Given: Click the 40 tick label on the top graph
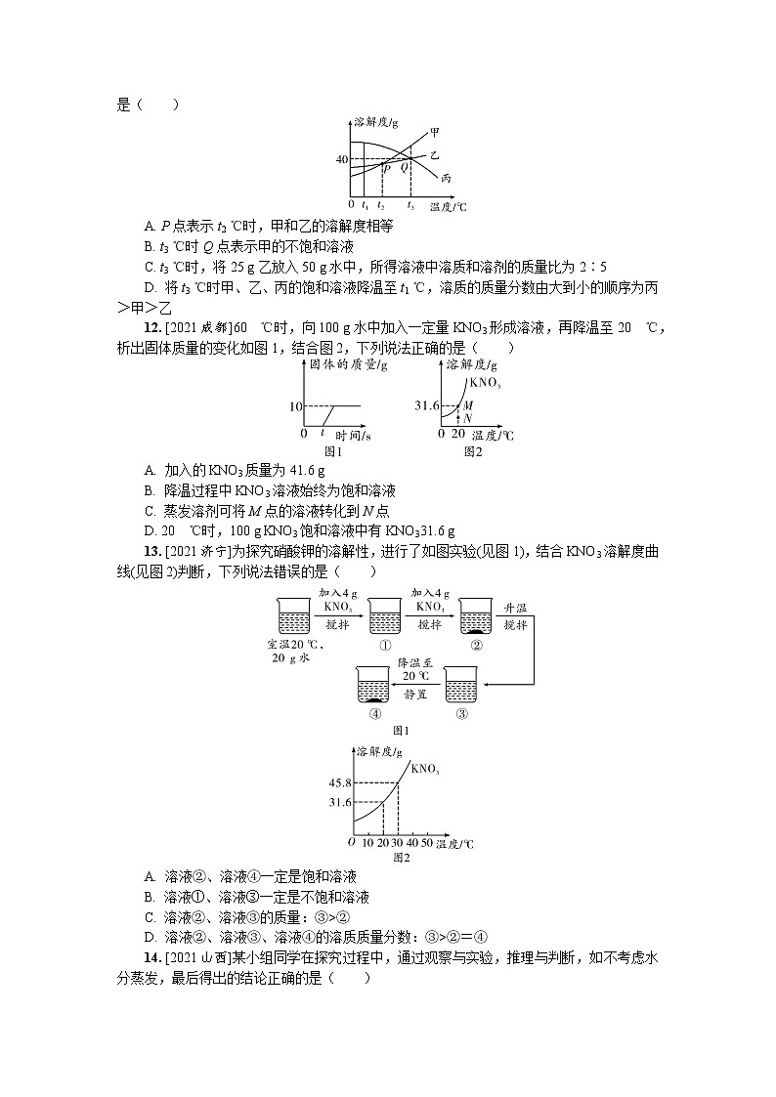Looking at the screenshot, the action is (342, 158).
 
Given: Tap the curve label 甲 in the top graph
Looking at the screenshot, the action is (434, 131).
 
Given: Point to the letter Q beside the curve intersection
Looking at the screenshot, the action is (404, 168).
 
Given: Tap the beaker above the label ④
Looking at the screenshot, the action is (374, 685).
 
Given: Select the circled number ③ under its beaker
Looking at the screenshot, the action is (462, 713).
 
